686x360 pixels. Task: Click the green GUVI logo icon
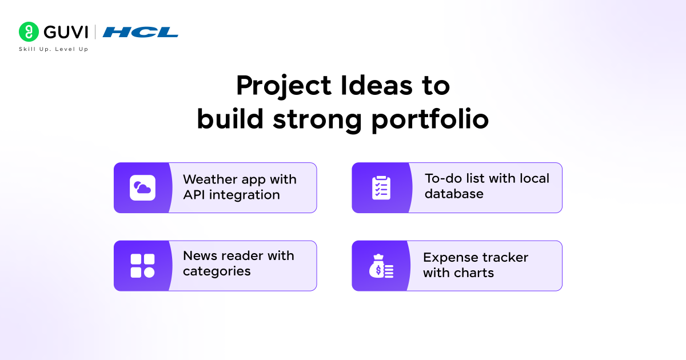[29, 32]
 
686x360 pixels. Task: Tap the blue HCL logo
[141, 32]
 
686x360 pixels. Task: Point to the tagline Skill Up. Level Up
[53, 49]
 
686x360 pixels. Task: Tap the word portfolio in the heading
[430, 120]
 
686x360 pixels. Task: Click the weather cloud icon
[142, 188]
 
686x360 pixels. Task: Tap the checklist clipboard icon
[381, 188]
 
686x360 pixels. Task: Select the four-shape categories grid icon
[142, 266]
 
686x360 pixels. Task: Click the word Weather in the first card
[209, 179]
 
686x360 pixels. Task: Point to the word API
[194, 195]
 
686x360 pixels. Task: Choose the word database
[454, 194]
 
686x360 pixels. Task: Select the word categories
[217, 271]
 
